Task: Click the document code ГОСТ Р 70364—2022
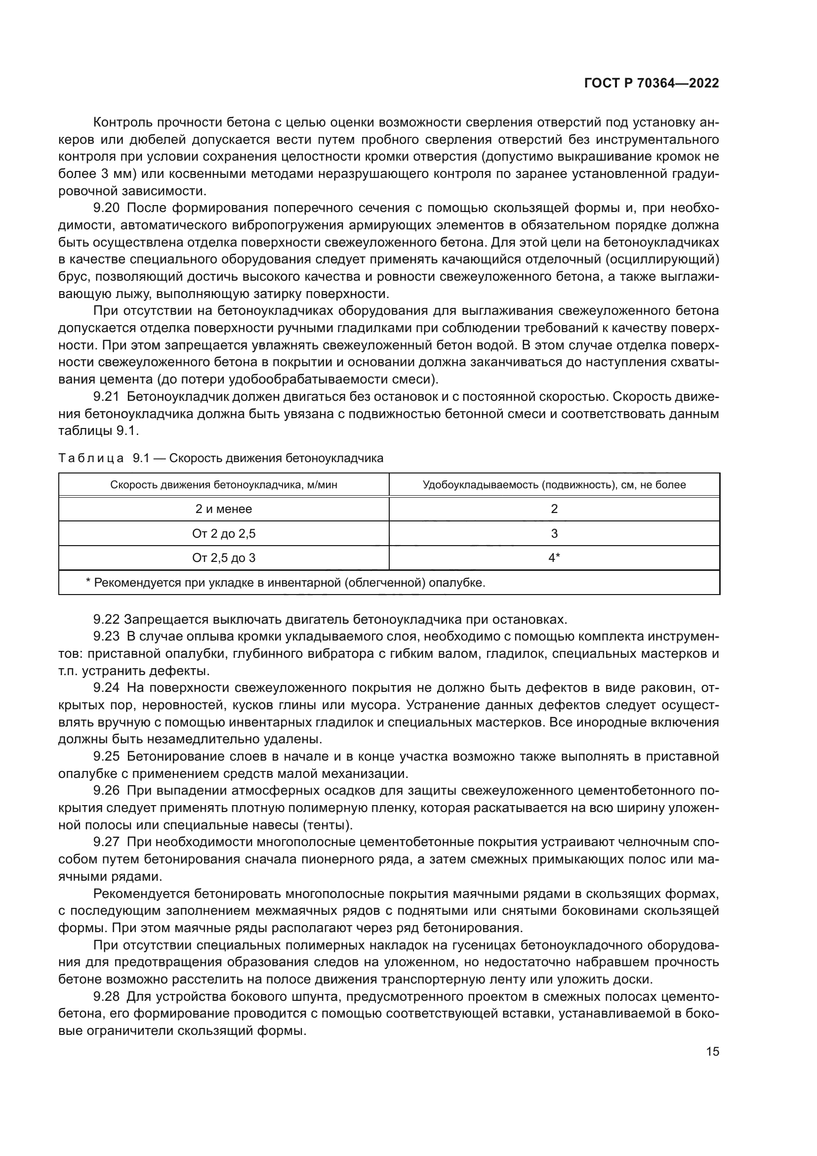[x=652, y=84]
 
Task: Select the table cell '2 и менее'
[x=223, y=509]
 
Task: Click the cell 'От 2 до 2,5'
[x=223, y=534]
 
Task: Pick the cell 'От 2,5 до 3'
[x=223, y=558]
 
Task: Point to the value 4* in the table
[x=554, y=558]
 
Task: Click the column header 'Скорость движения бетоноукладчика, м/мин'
[x=223, y=485]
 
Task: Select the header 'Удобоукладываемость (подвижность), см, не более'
[x=554, y=485]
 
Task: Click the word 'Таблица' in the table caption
[x=91, y=458]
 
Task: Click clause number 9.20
[x=106, y=208]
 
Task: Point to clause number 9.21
[x=106, y=397]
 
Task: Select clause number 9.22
[x=106, y=619]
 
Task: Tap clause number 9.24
[x=106, y=688]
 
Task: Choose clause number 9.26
[x=106, y=790]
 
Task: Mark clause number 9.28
[x=106, y=996]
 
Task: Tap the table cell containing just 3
[x=554, y=534]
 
